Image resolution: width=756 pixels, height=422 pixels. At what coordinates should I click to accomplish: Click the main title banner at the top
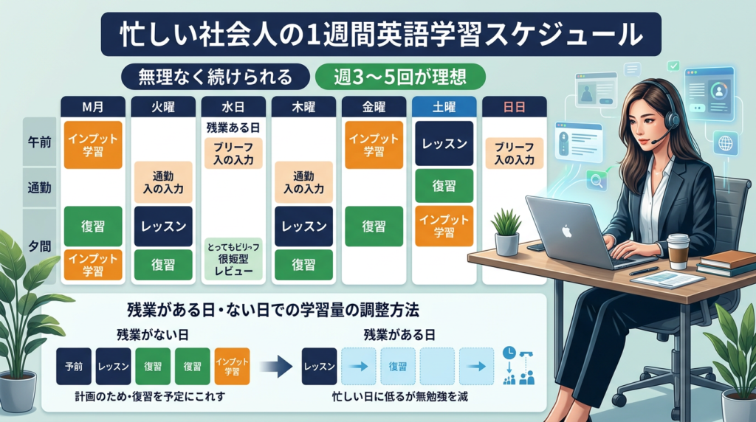pos(378,35)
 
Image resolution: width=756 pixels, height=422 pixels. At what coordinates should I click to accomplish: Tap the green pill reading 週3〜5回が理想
pos(400,76)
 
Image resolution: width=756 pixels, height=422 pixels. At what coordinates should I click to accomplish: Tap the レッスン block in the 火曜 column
pos(164,226)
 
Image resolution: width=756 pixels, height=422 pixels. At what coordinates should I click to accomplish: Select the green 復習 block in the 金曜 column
pos(374,226)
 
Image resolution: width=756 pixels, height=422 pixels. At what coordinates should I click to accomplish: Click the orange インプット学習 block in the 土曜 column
pos(444,226)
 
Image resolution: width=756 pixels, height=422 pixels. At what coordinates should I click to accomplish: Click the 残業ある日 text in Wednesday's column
pos(234,126)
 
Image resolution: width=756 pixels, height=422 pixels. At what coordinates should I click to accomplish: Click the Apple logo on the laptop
pos(567,232)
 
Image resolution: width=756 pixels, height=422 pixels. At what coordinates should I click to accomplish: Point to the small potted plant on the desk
pos(506,232)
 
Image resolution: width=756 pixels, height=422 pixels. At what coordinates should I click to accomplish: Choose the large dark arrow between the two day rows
pos(275,365)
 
